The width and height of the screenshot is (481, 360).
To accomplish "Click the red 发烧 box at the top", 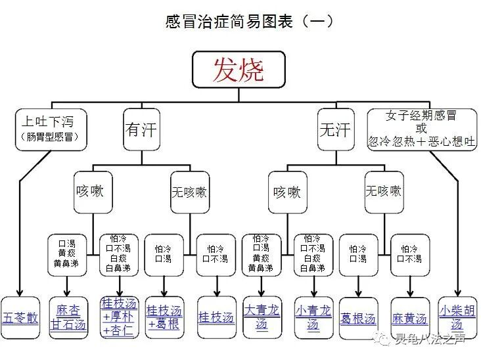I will pyautogui.click(x=239, y=69).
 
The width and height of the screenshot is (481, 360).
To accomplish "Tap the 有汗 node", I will pyautogui.click(x=141, y=129).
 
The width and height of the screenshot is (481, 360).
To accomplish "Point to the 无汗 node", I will pyautogui.click(x=334, y=129).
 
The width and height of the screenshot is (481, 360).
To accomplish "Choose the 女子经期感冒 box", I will pyautogui.click(x=421, y=129).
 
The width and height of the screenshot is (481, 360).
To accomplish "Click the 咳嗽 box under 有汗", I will pyautogui.click(x=90, y=192).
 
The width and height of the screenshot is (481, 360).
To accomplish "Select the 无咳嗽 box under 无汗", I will pyautogui.click(x=383, y=192).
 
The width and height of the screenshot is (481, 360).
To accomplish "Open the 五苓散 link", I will pyautogui.click(x=20, y=317).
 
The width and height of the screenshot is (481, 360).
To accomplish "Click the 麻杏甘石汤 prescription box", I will pyautogui.click(x=68, y=317).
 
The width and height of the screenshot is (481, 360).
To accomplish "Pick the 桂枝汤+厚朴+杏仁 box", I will pyautogui.click(x=119, y=317).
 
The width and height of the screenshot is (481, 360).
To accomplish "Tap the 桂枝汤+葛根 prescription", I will pyautogui.click(x=164, y=317).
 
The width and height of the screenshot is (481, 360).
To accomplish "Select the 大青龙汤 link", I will pyautogui.click(x=262, y=317).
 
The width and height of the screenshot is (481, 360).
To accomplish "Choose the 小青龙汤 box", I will pyautogui.click(x=313, y=317).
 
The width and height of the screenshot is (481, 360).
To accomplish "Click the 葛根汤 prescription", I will pyautogui.click(x=358, y=318).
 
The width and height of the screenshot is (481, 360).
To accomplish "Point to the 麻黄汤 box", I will pyautogui.click(x=409, y=318).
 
